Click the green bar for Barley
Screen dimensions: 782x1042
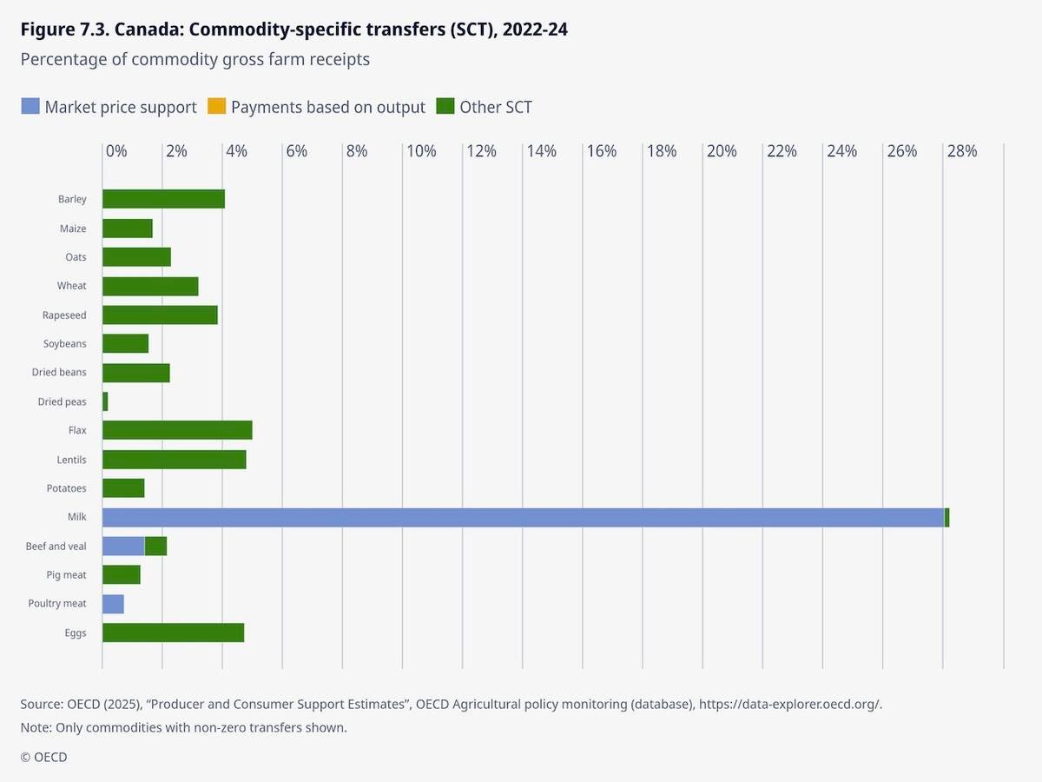point(163,199)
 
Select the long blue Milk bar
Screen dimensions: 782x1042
point(521,517)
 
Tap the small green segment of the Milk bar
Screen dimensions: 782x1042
point(946,517)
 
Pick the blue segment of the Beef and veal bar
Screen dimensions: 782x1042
point(123,547)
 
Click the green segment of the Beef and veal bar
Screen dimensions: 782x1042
point(155,547)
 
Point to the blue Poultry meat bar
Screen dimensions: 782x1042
point(113,604)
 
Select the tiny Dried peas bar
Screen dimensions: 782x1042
point(105,401)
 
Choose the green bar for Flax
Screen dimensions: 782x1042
point(177,430)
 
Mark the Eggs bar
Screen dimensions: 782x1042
point(173,633)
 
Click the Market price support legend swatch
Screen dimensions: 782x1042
point(30,107)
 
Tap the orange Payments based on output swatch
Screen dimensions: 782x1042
point(216,107)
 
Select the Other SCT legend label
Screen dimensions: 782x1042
point(495,107)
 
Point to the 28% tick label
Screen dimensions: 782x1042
point(962,151)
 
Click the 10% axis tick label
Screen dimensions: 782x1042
point(421,151)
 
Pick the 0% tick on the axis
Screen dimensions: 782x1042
point(116,151)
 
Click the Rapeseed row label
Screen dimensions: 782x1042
point(64,315)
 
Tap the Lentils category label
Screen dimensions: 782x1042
point(70,460)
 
